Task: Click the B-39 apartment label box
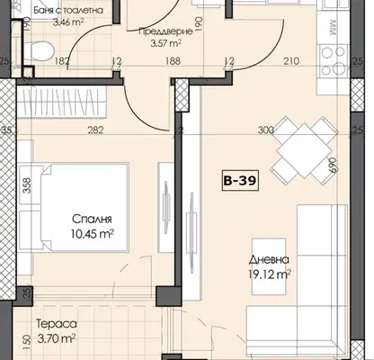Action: (x=240, y=181)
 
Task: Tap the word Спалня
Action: (x=92, y=219)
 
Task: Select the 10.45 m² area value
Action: (x=93, y=233)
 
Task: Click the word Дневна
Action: (x=269, y=259)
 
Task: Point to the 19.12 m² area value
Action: (x=270, y=274)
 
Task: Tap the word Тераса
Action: (x=57, y=324)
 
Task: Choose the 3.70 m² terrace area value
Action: (x=57, y=339)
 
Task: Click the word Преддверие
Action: (x=165, y=31)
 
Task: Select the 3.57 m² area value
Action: (x=165, y=44)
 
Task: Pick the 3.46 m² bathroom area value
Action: (x=68, y=22)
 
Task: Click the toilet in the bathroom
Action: (x=39, y=49)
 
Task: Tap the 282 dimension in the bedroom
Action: (x=95, y=130)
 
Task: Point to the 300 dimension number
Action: (x=266, y=130)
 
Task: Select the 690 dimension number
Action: (x=334, y=165)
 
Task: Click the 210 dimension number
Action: (x=291, y=61)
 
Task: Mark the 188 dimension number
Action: (x=173, y=61)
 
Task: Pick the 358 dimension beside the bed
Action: (x=27, y=185)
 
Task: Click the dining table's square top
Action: (x=304, y=150)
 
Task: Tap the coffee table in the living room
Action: (x=269, y=266)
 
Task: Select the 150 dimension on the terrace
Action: (x=27, y=342)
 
